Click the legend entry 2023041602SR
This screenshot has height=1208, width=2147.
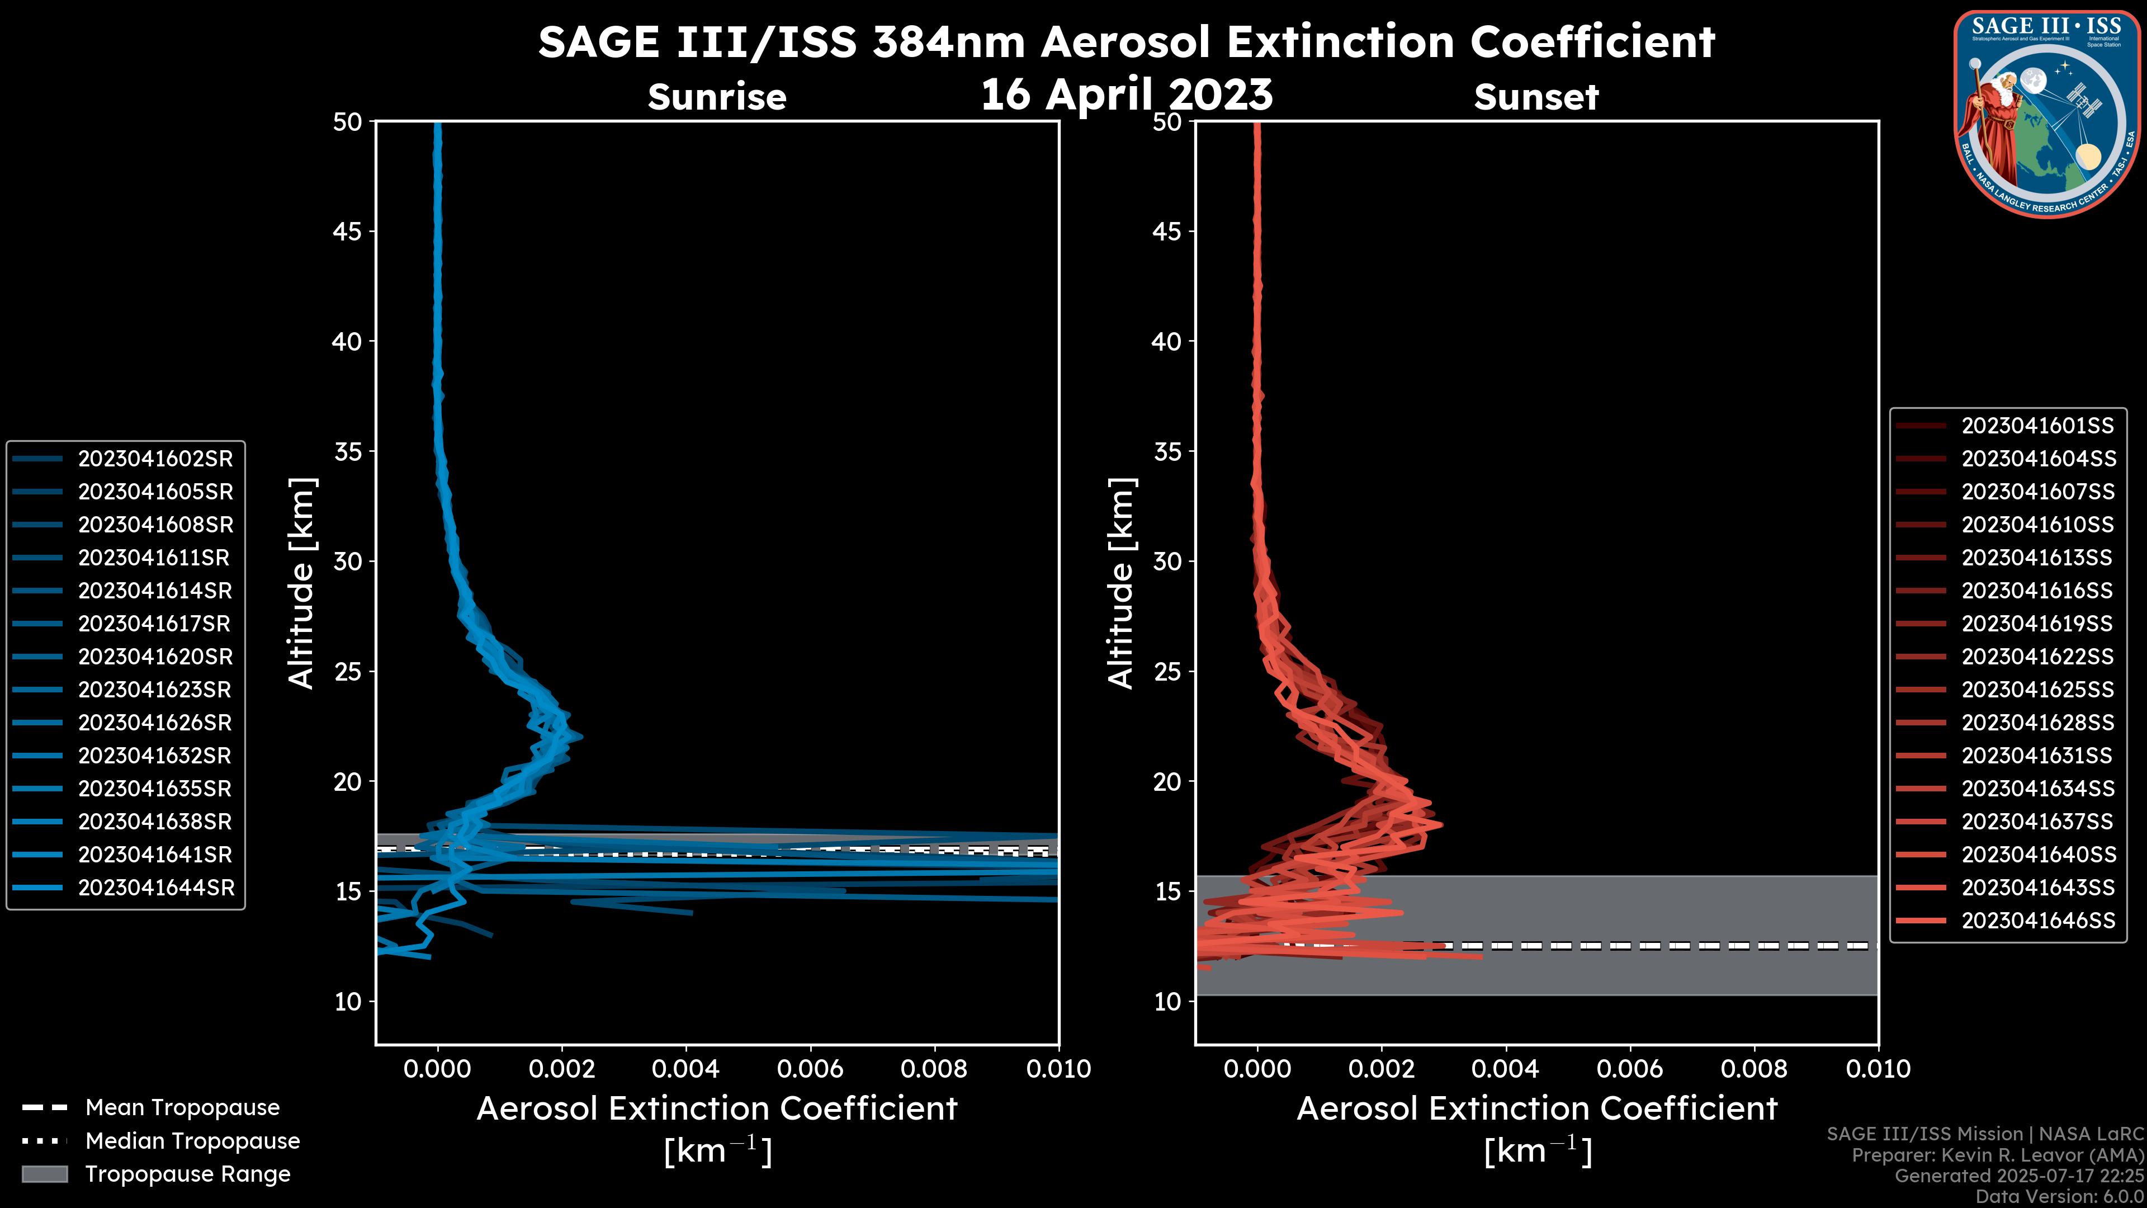[155, 459]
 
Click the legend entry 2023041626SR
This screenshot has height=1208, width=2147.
[155, 723]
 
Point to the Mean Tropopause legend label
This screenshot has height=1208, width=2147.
[182, 1107]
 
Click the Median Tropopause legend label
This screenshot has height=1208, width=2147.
[192, 1140]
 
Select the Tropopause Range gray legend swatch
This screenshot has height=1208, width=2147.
[44, 1174]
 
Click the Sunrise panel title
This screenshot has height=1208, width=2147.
[717, 97]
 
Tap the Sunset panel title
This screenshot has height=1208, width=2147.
[1536, 97]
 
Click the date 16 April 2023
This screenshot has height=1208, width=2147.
[1126, 93]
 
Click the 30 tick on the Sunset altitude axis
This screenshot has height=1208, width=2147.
[1167, 561]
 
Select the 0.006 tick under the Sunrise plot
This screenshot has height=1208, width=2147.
[809, 1069]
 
